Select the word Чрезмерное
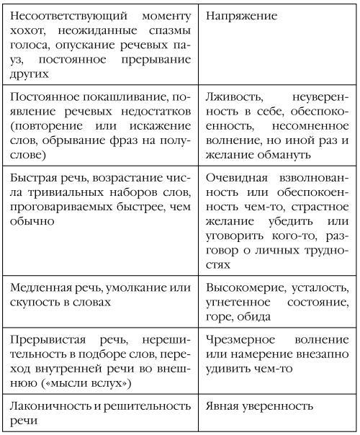point(239,341)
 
